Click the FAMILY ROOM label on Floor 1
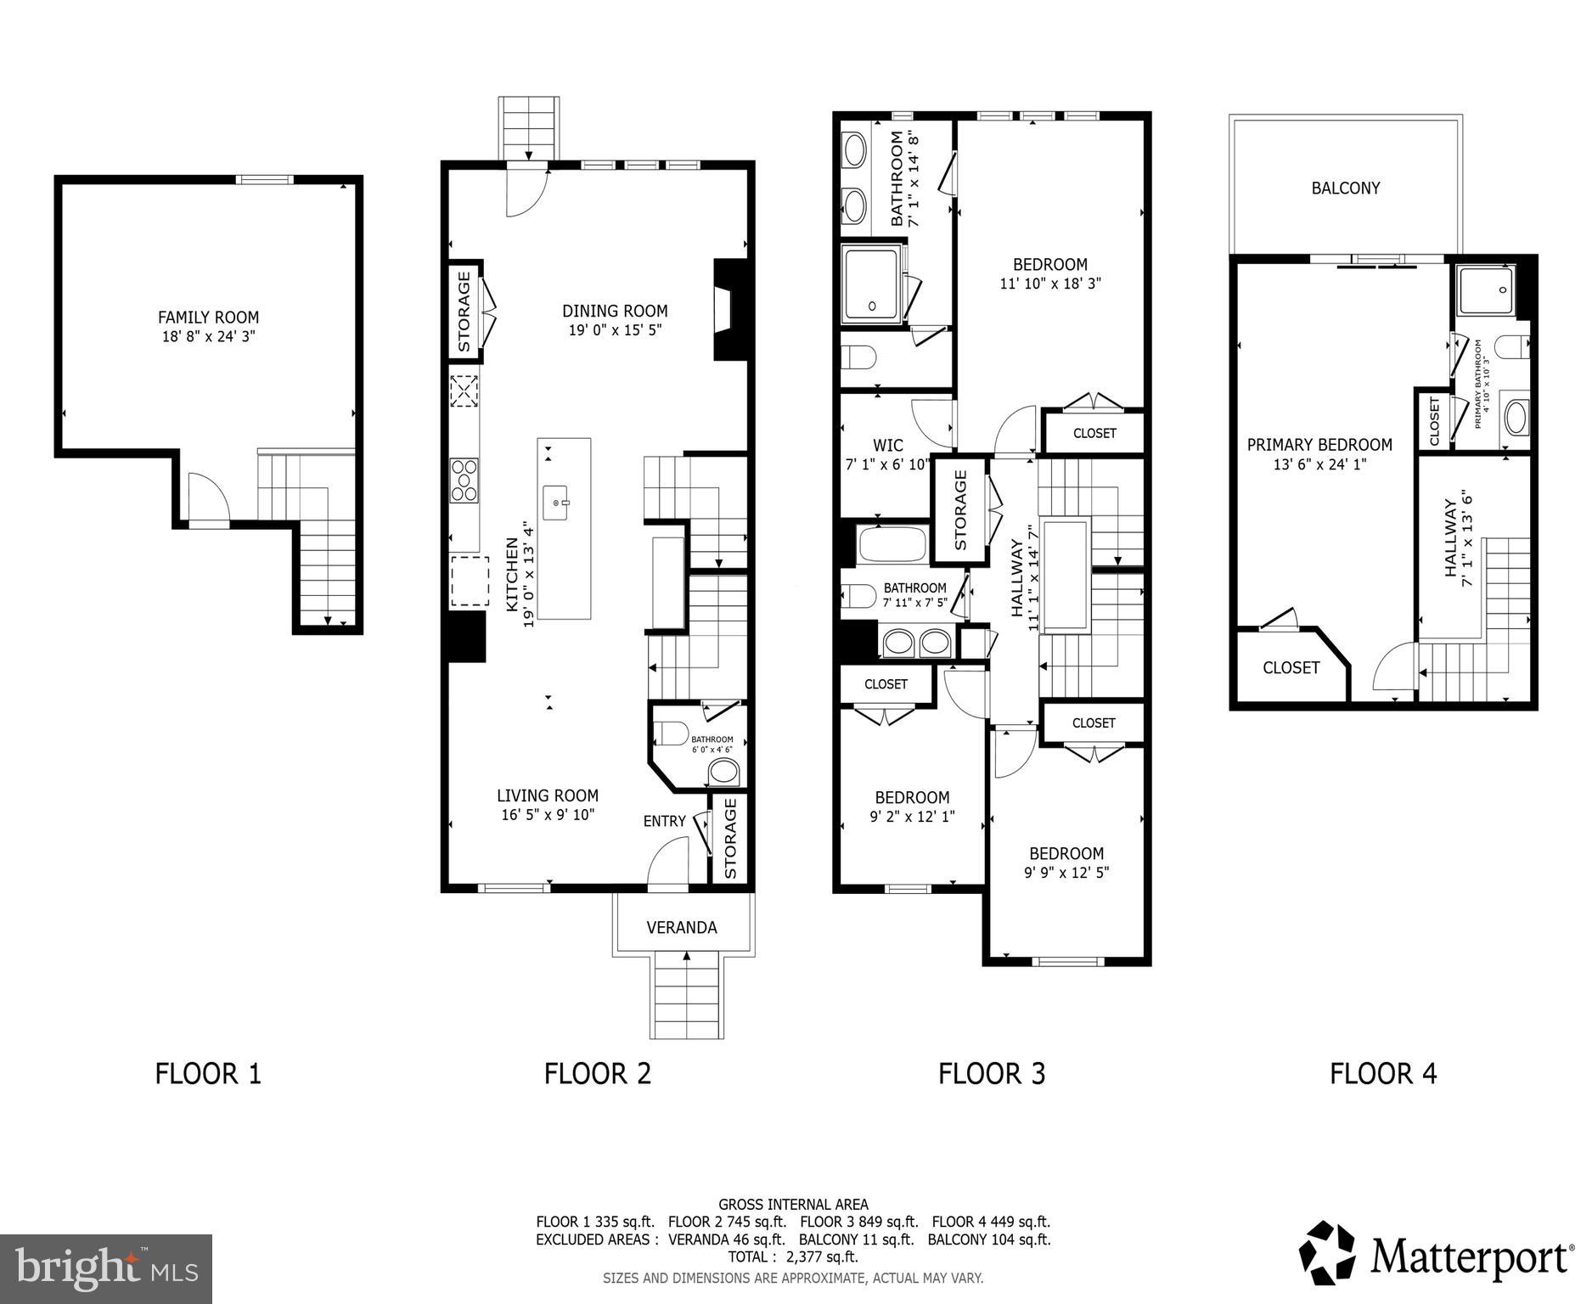pyautogui.click(x=208, y=318)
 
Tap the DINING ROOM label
pyautogui.click(x=615, y=311)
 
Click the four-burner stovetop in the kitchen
pyautogui.click(x=464, y=480)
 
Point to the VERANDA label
pyautogui.click(x=682, y=927)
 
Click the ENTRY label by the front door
pyautogui.click(x=664, y=821)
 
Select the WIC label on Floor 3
pyautogui.click(x=888, y=445)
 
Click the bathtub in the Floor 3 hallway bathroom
pyautogui.click(x=892, y=544)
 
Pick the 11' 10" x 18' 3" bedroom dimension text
pyautogui.click(x=1050, y=284)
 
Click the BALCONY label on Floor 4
pyautogui.click(x=1346, y=188)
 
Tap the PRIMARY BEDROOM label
pyautogui.click(x=1319, y=445)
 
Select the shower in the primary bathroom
pyautogui.click(x=1485, y=290)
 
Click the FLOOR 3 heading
pyautogui.click(x=992, y=1073)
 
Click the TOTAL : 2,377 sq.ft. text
pyautogui.click(x=793, y=1256)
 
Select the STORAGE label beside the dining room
pyautogui.click(x=464, y=311)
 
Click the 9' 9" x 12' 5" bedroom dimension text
pyautogui.click(x=1066, y=872)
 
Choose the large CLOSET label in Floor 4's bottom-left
pyautogui.click(x=1291, y=668)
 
